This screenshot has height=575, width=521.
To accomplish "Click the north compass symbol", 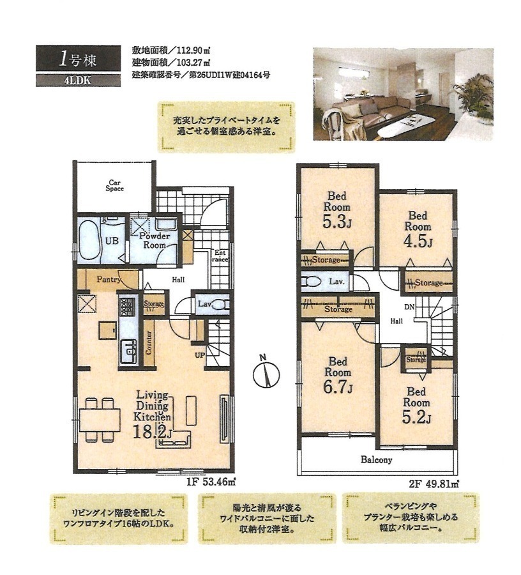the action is pos(267,375).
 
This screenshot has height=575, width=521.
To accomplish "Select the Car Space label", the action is pos(115,185).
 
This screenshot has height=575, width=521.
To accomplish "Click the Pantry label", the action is pos(109,280).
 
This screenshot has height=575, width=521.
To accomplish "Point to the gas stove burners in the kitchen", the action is pos(127,307).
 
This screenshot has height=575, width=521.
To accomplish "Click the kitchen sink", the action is pos(128,351).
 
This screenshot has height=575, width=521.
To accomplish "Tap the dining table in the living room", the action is pos(100,420).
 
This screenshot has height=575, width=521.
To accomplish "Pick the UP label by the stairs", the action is pos(200,355).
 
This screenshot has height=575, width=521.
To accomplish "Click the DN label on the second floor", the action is pos(409,307).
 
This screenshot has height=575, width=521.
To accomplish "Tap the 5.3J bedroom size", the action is pos(336,221).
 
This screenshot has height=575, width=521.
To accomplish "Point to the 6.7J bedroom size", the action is pos(338,387).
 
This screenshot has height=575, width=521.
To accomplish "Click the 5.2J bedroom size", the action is pos(416,417).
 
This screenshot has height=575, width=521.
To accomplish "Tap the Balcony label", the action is pos(376,459).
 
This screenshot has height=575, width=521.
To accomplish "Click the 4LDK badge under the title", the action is pos(78,80).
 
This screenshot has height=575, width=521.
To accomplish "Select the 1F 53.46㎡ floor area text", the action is pos(210,482).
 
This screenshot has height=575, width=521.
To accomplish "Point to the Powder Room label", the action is pos(155,240).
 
